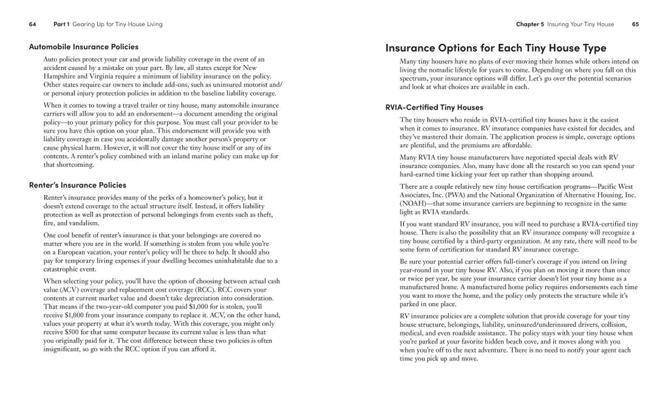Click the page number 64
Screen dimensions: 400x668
(33, 24)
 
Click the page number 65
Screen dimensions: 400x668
(635, 24)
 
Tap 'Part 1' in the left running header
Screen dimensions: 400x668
(61, 24)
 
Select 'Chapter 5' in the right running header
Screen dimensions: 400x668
(530, 24)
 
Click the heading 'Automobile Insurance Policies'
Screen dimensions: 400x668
(83, 46)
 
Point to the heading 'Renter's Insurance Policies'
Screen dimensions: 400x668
(78, 185)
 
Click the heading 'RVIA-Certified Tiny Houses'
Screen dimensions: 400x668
(434, 107)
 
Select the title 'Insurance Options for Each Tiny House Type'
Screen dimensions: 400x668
(496, 48)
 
